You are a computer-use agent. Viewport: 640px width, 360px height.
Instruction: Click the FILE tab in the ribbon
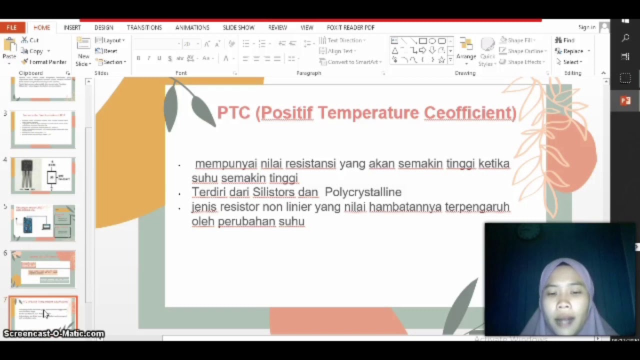tap(11, 27)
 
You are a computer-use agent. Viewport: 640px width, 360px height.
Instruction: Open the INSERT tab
tap(72, 27)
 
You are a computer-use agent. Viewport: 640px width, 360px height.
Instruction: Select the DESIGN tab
tap(103, 27)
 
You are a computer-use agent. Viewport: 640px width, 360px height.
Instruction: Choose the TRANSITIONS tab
tap(144, 27)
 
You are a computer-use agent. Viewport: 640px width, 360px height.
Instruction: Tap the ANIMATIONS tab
tap(192, 27)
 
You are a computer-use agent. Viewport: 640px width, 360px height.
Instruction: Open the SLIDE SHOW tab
tap(238, 27)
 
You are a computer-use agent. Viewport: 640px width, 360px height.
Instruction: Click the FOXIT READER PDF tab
tap(350, 27)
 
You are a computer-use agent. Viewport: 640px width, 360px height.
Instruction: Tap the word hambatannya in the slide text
tap(405, 206)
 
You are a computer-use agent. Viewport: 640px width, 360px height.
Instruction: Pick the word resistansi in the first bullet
tap(310, 163)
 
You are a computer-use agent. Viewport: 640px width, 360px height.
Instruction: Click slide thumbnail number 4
tap(43, 175)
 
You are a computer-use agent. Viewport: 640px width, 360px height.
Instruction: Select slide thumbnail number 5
tap(43, 222)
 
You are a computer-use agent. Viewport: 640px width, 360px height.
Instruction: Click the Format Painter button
tap(44, 62)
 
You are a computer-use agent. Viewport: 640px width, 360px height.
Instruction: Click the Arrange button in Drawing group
tap(466, 50)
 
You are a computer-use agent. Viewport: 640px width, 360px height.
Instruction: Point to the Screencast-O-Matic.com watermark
tap(53, 333)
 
